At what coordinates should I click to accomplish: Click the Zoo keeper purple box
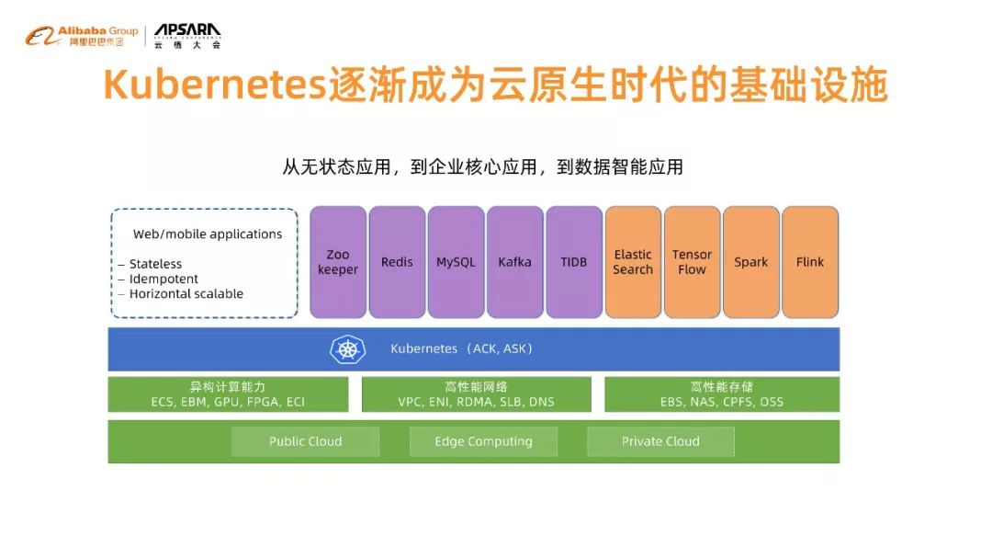pos(338,262)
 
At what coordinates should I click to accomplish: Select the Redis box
pos(397,262)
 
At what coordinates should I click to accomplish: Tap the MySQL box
pos(456,262)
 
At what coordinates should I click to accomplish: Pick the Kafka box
pos(515,262)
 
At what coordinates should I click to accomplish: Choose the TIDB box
pos(574,262)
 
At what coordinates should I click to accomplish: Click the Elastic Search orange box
pos(633,262)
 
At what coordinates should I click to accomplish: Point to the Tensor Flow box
pos(693,262)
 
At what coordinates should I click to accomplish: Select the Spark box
pos(751,262)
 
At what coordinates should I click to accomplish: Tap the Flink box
pos(810,262)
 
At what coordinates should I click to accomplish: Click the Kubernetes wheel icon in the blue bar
pos(348,348)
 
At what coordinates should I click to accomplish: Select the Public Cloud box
pos(306,441)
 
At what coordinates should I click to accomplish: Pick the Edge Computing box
pos(483,441)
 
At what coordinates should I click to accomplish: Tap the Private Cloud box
pos(660,441)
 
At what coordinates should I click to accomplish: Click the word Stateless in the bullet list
pos(155,264)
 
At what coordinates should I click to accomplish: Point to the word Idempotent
pos(163,279)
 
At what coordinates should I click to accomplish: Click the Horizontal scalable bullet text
pos(186,293)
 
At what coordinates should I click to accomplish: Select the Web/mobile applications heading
pos(208,234)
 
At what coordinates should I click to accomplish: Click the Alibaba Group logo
pos(82,36)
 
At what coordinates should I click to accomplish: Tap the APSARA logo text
pos(188,30)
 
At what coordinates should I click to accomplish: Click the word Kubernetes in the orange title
pos(215,85)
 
